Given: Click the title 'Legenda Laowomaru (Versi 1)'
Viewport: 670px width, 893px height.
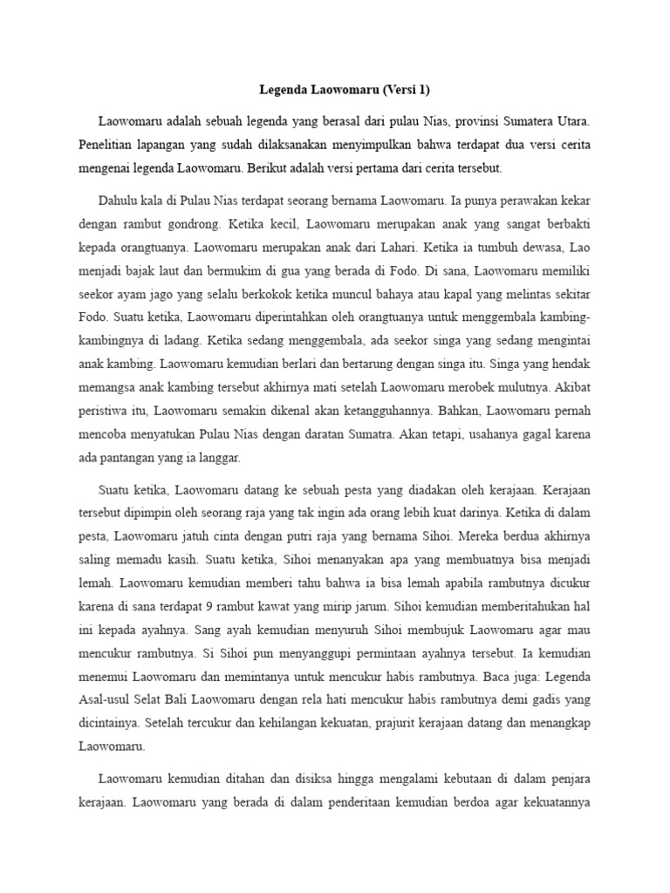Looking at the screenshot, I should [335, 89].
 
